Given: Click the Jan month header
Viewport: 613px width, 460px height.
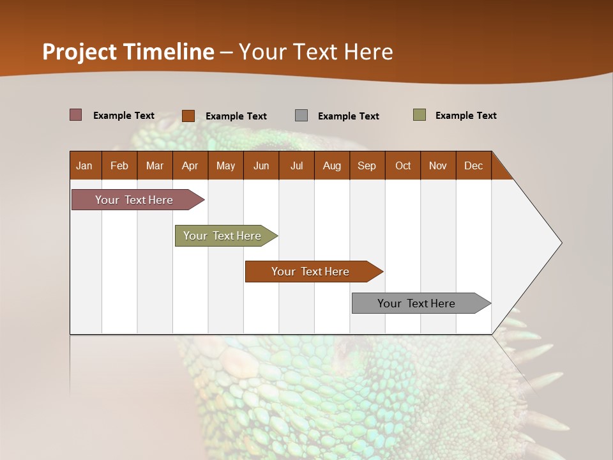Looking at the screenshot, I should [84, 165].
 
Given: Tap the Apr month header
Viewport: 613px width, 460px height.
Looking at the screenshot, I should [190, 165].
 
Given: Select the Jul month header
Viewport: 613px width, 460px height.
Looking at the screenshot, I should [296, 165].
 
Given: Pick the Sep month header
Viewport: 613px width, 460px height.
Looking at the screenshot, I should [367, 165].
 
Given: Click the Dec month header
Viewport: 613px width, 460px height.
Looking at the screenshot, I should [473, 165].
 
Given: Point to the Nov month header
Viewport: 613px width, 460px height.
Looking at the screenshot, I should [438, 165].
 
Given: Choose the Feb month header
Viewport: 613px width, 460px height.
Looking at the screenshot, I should [119, 165].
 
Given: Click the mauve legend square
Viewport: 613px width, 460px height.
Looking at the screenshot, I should [76, 115].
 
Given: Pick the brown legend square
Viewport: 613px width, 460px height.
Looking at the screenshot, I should [188, 116].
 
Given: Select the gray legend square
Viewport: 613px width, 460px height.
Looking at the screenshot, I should [301, 115].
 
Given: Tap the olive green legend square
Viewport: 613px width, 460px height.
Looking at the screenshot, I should [420, 115].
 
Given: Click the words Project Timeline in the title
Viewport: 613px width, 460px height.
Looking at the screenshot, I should [128, 52].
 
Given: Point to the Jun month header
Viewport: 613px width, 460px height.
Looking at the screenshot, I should [261, 165].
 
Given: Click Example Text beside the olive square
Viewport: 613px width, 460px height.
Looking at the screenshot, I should [465, 115].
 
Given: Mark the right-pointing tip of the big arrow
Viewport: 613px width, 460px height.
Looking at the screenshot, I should [560, 242].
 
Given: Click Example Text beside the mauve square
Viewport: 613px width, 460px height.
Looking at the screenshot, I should [124, 115].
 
